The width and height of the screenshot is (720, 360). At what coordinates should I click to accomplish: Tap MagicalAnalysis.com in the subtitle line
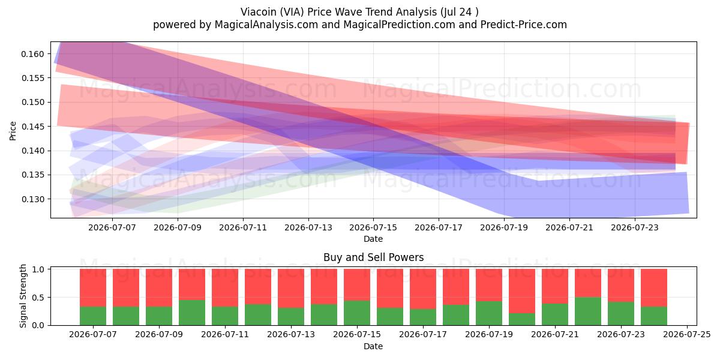(266, 25)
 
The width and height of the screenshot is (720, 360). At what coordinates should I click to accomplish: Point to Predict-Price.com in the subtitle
(524, 25)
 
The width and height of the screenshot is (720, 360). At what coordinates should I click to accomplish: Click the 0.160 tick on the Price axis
(32, 54)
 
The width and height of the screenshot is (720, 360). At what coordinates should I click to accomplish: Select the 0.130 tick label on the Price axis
(32, 199)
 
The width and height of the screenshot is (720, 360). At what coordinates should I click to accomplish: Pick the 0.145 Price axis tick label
(32, 127)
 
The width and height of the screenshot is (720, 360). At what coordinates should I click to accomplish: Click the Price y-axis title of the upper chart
(13, 131)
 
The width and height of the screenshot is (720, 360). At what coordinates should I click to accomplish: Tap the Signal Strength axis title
(23, 296)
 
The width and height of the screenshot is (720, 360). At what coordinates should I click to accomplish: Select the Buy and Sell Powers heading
(373, 257)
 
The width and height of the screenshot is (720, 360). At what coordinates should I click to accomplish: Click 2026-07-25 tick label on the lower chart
(687, 335)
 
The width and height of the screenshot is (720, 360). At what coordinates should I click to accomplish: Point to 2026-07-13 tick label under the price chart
(308, 227)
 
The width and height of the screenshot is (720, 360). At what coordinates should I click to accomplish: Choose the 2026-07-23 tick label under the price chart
(635, 227)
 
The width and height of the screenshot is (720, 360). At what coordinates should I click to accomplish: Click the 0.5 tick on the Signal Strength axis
(38, 298)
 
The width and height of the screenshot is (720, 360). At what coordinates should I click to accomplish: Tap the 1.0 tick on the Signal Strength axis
(38, 269)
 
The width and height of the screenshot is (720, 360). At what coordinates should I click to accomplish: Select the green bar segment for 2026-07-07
(93, 316)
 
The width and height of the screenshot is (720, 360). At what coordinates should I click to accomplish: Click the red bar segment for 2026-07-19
(489, 285)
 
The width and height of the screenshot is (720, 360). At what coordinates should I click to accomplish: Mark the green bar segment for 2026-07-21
(555, 314)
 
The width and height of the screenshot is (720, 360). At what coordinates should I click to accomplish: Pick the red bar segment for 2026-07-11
(225, 287)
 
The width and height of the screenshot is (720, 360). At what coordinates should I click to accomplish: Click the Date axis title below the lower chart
(373, 346)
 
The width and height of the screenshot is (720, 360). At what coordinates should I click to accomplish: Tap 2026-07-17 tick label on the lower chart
(423, 335)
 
